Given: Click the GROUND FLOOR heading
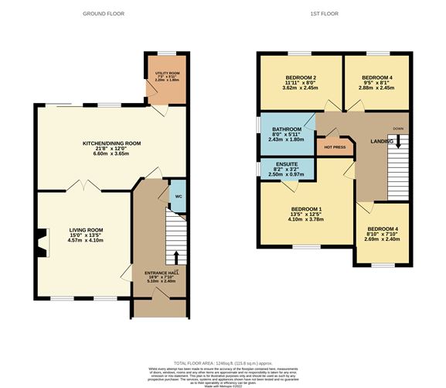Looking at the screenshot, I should [105, 14].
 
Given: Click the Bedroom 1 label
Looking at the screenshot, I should [306, 214].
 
